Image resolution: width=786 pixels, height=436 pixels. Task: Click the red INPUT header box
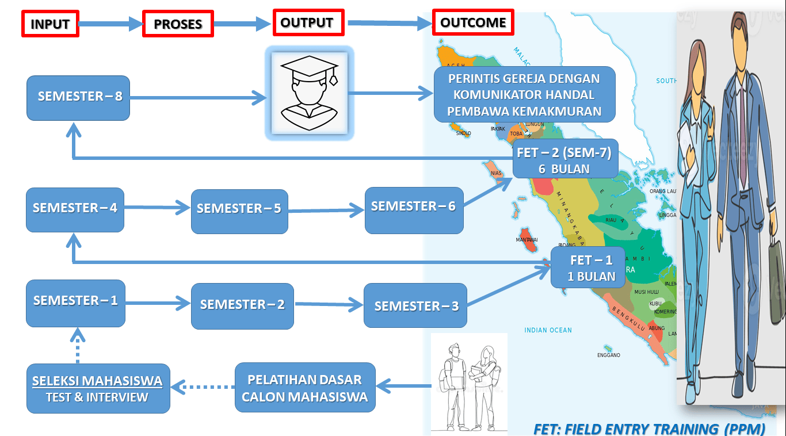[50, 24]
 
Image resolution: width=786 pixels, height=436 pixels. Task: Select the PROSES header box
[178, 24]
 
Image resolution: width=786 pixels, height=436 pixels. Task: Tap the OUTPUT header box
[308, 22]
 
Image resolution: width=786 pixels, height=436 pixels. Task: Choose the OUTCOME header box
[473, 22]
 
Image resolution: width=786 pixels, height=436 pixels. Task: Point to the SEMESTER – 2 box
[242, 306]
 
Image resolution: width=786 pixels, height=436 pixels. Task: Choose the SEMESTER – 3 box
[415, 305]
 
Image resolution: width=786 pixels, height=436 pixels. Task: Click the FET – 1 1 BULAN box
[587, 267]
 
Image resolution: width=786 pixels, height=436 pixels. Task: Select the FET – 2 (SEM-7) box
[564, 159]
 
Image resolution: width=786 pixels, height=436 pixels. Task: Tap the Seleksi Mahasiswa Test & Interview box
[98, 388]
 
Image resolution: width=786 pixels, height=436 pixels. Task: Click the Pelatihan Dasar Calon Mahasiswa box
[305, 388]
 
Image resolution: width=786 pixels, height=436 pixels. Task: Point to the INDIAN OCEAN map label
[548, 330]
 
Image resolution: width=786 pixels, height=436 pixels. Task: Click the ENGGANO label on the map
[608, 355]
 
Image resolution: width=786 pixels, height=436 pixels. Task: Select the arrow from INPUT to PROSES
[110, 24]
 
